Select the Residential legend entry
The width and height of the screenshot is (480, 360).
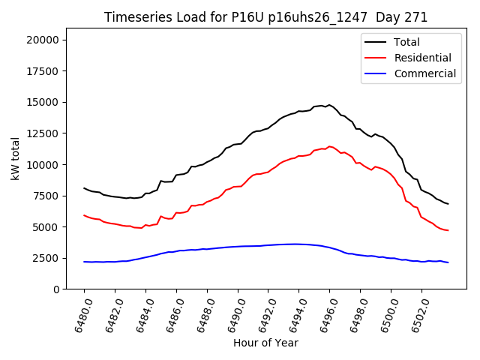pos(422,58)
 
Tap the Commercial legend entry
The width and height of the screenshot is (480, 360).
pos(424,73)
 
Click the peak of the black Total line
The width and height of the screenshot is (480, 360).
pos(328,105)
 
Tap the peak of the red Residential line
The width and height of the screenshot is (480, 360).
pos(328,146)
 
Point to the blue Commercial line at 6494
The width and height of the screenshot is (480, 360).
pos(298,244)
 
